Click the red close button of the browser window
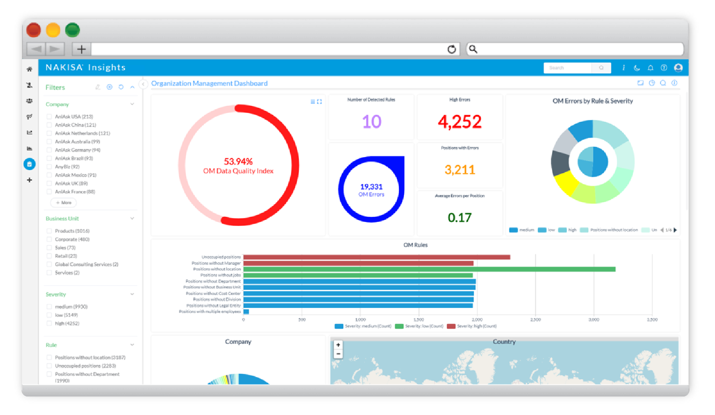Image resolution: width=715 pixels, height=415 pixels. (x=33, y=30)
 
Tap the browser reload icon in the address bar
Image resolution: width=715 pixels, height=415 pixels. (x=452, y=49)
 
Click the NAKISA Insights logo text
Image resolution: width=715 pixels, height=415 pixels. (x=85, y=67)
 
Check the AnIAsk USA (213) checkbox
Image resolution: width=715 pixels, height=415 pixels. (x=49, y=116)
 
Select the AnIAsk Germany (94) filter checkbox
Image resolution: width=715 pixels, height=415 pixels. (x=49, y=150)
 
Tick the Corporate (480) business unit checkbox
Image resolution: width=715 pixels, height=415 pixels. (x=49, y=239)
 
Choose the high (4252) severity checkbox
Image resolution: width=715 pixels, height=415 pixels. (x=49, y=323)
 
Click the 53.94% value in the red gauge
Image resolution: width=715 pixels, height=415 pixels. (x=238, y=161)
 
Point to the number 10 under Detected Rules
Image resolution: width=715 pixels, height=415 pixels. (x=371, y=121)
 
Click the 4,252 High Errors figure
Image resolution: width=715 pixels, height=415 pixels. (x=459, y=121)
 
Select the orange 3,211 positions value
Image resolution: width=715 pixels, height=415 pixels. (x=459, y=169)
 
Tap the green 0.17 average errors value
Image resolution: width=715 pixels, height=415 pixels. (x=459, y=217)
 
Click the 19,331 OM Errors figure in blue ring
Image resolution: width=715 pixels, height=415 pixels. (x=371, y=187)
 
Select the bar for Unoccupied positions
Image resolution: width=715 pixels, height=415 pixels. (x=376, y=257)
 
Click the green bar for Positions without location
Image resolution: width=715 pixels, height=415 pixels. (x=429, y=269)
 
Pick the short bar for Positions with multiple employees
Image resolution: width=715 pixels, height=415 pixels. (x=246, y=311)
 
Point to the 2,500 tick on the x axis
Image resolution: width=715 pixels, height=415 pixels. (x=535, y=319)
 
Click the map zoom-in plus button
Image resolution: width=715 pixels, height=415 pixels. (x=338, y=345)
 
